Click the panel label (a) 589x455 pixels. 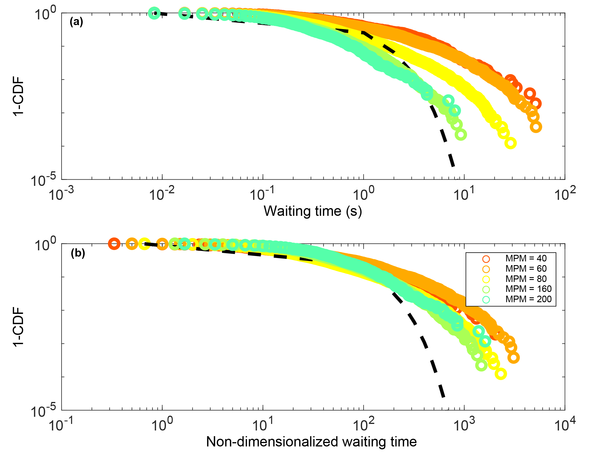[x=76, y=22]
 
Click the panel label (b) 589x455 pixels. [x=78, y=253]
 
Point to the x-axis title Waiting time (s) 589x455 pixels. [x=313, y=211]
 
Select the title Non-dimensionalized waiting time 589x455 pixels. [x=311, y=442]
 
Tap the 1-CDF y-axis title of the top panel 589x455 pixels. [x=19, y=97]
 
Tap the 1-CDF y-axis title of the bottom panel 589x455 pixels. [x=19, y=327]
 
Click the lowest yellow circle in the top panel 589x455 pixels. [x=510, y=143]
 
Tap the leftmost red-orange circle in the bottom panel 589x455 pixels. [x=114, y=244]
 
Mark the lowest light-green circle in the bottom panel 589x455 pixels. [x=481, y=365]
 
